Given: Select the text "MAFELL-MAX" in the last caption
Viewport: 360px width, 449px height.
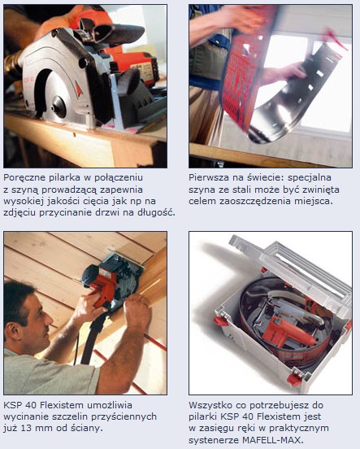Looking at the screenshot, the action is pyautogui.click(x=273, y=439).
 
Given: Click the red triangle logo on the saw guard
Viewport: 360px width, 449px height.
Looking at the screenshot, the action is pyautogui.click(x=78, y=89).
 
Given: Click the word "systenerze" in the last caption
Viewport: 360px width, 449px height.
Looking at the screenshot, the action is pyautogui.click(x=214, y=440).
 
